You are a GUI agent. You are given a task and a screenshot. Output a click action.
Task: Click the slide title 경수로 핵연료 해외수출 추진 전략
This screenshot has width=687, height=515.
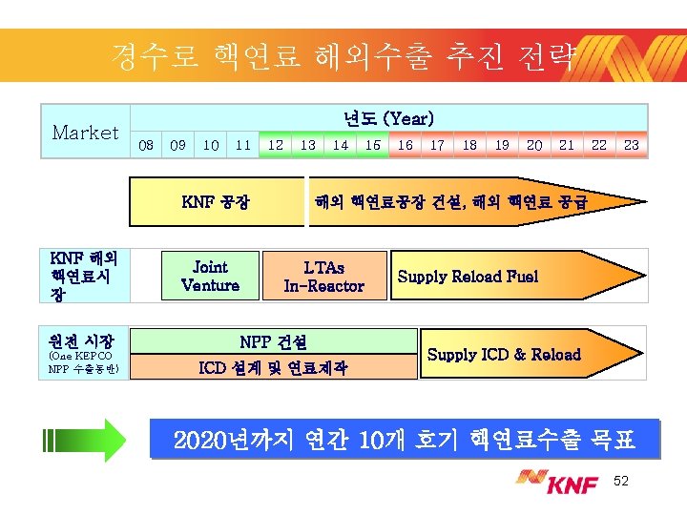click(343, 56)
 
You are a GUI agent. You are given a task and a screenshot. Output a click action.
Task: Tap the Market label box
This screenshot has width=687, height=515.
click(85, 133)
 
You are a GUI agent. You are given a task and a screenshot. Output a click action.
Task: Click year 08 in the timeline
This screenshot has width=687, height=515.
click(146, 145)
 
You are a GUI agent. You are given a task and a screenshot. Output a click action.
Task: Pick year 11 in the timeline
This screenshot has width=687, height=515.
click(243, 145)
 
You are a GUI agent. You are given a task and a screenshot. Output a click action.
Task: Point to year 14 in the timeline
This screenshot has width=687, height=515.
click(340, 145)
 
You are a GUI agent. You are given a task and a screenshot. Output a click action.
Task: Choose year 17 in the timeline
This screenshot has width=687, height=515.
click(437, 145)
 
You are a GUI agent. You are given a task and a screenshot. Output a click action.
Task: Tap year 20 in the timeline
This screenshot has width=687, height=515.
click(534, 145)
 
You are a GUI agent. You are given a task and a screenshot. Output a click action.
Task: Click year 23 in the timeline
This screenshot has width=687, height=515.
click(631, 145)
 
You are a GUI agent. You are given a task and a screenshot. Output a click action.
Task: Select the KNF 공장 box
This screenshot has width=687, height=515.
click(217, 202)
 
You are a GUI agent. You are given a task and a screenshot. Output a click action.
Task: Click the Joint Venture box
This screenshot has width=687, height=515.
click(210, 277)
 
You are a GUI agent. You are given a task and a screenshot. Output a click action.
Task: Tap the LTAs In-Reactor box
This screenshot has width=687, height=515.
click(323, 277)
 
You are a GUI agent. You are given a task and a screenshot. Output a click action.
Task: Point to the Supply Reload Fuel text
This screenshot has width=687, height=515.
click(468, 277)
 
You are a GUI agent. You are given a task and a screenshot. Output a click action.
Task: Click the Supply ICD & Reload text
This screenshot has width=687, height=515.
click(504, 355)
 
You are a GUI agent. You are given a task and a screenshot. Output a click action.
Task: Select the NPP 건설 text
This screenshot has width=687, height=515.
click(273, 341)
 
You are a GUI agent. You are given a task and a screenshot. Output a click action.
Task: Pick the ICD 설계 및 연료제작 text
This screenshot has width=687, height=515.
click(273, 367)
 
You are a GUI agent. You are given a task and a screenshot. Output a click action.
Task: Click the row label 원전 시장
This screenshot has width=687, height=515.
click(82, 340)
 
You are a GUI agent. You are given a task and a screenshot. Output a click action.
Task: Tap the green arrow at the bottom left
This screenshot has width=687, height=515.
click(86, 440)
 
